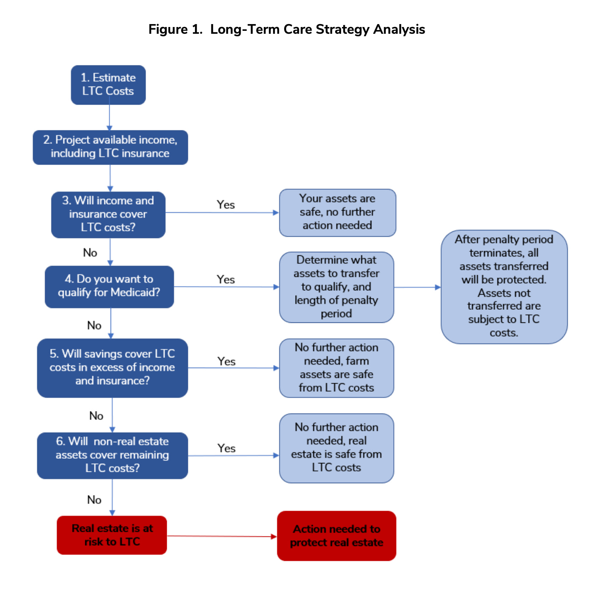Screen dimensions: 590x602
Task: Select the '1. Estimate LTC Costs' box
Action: coord(108,85)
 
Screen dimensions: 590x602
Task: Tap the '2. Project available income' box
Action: coord(110,147)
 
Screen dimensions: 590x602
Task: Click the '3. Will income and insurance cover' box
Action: coord(108,214)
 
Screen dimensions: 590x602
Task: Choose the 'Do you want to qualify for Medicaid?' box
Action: coord(109,286)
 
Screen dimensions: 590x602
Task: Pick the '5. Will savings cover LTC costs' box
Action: coord(112,368)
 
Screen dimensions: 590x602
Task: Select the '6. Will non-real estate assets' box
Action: coord(112,455)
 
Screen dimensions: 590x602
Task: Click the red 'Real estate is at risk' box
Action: coord(112,535)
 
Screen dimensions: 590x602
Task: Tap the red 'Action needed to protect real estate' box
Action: coord(336,536)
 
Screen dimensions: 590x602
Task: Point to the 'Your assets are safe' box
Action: coord(337,212)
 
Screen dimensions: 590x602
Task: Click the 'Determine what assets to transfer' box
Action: coord(336,287)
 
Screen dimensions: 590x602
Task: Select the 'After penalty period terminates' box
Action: coord(504,287)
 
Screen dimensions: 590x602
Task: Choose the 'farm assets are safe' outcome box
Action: coord(336,368)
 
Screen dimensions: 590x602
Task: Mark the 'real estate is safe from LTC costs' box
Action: coord(336,448)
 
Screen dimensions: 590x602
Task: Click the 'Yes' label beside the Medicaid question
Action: coord(226,279)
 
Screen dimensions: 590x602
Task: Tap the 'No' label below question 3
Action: coord(90,253)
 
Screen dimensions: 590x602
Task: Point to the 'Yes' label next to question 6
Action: coord(227,448)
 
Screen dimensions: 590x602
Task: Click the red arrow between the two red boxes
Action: coord(222,536)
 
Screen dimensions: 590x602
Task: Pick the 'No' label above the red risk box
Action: coord(94,500)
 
